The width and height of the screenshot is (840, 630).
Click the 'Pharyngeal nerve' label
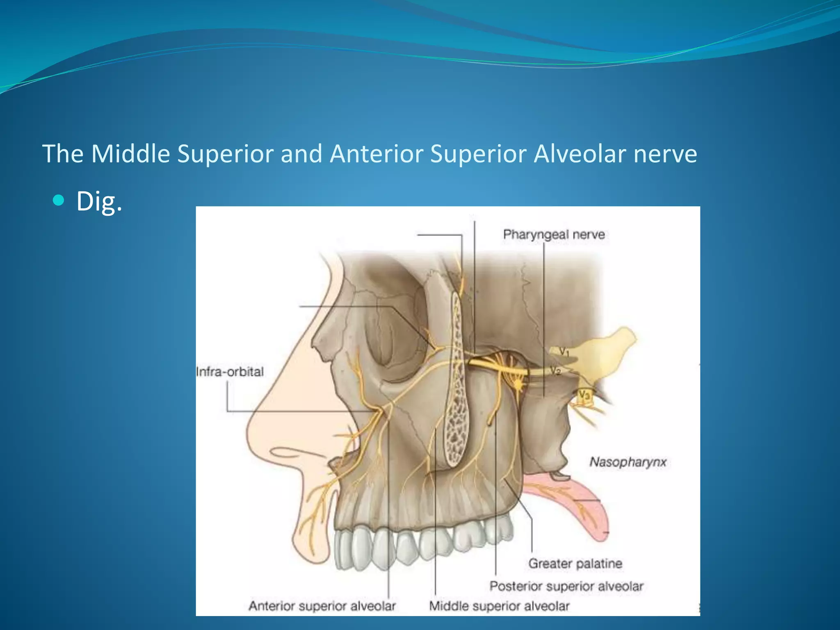pyautogui.click(x=554, y=235)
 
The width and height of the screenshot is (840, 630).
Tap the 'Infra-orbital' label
pyautogui.click(x=230, y=372)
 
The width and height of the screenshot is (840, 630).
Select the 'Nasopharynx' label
pyautogui.click(x=628, y=462)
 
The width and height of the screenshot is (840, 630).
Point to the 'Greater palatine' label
pyautogui.click(x=575, y=564)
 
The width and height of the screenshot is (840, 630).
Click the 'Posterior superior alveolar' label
pyautogui.click(x=566, y=586)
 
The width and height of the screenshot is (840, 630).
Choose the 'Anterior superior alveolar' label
pyautogui.click(x=322, y=606)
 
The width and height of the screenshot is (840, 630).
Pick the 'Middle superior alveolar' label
pyautogui.click(x=499, y=606)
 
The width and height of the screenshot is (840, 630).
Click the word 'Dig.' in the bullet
pyautogui.click(x=99, y=201)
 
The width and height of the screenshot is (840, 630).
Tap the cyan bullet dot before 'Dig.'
pyautogui.click(x=59, y=200)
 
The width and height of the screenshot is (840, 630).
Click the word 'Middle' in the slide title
pyautogui.click(x=130, y=154)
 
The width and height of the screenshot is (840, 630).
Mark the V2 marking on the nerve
pyautogui.click(x=555, y=371)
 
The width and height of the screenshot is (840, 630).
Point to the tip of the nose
pyautogui.click(x=250, y=431)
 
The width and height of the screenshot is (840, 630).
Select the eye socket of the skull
pyautogui.click(x=394, y=332)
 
